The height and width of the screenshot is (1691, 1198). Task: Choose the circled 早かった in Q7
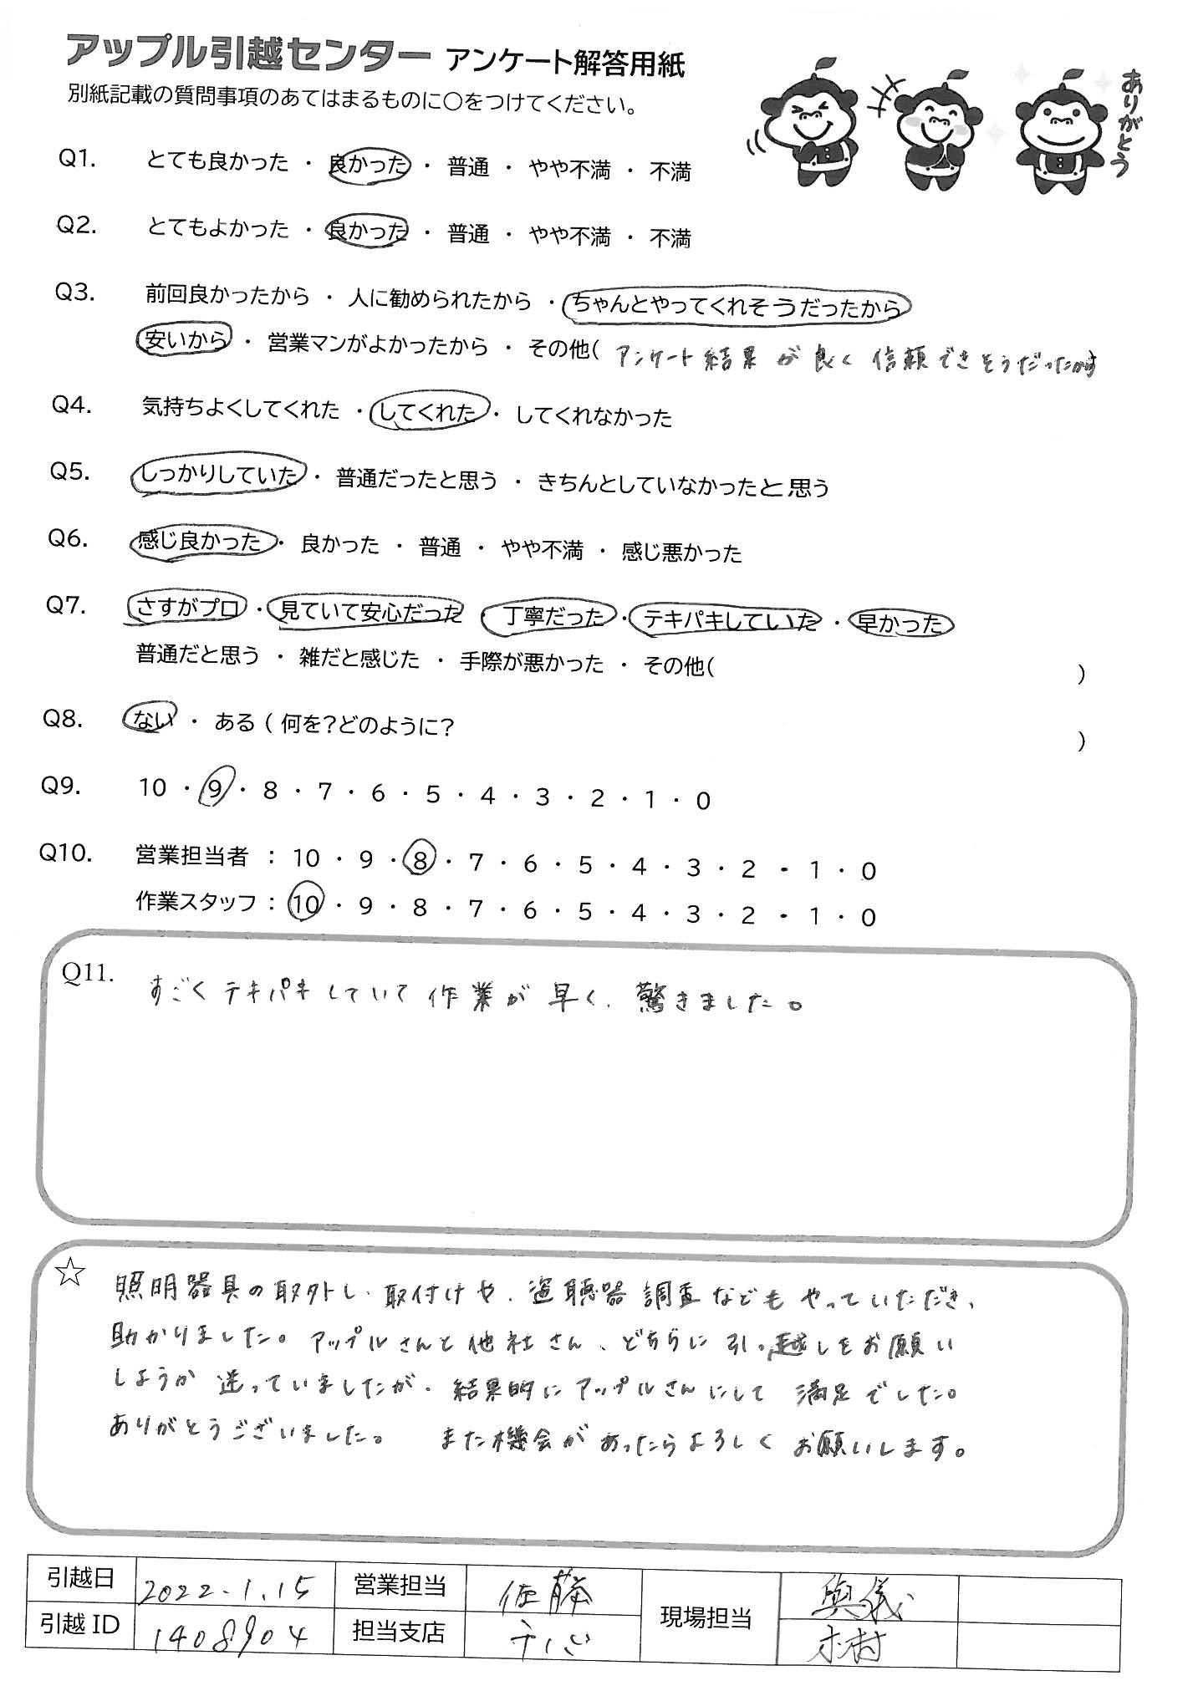point(900,623)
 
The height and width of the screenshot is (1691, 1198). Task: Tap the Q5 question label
point(70,472)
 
